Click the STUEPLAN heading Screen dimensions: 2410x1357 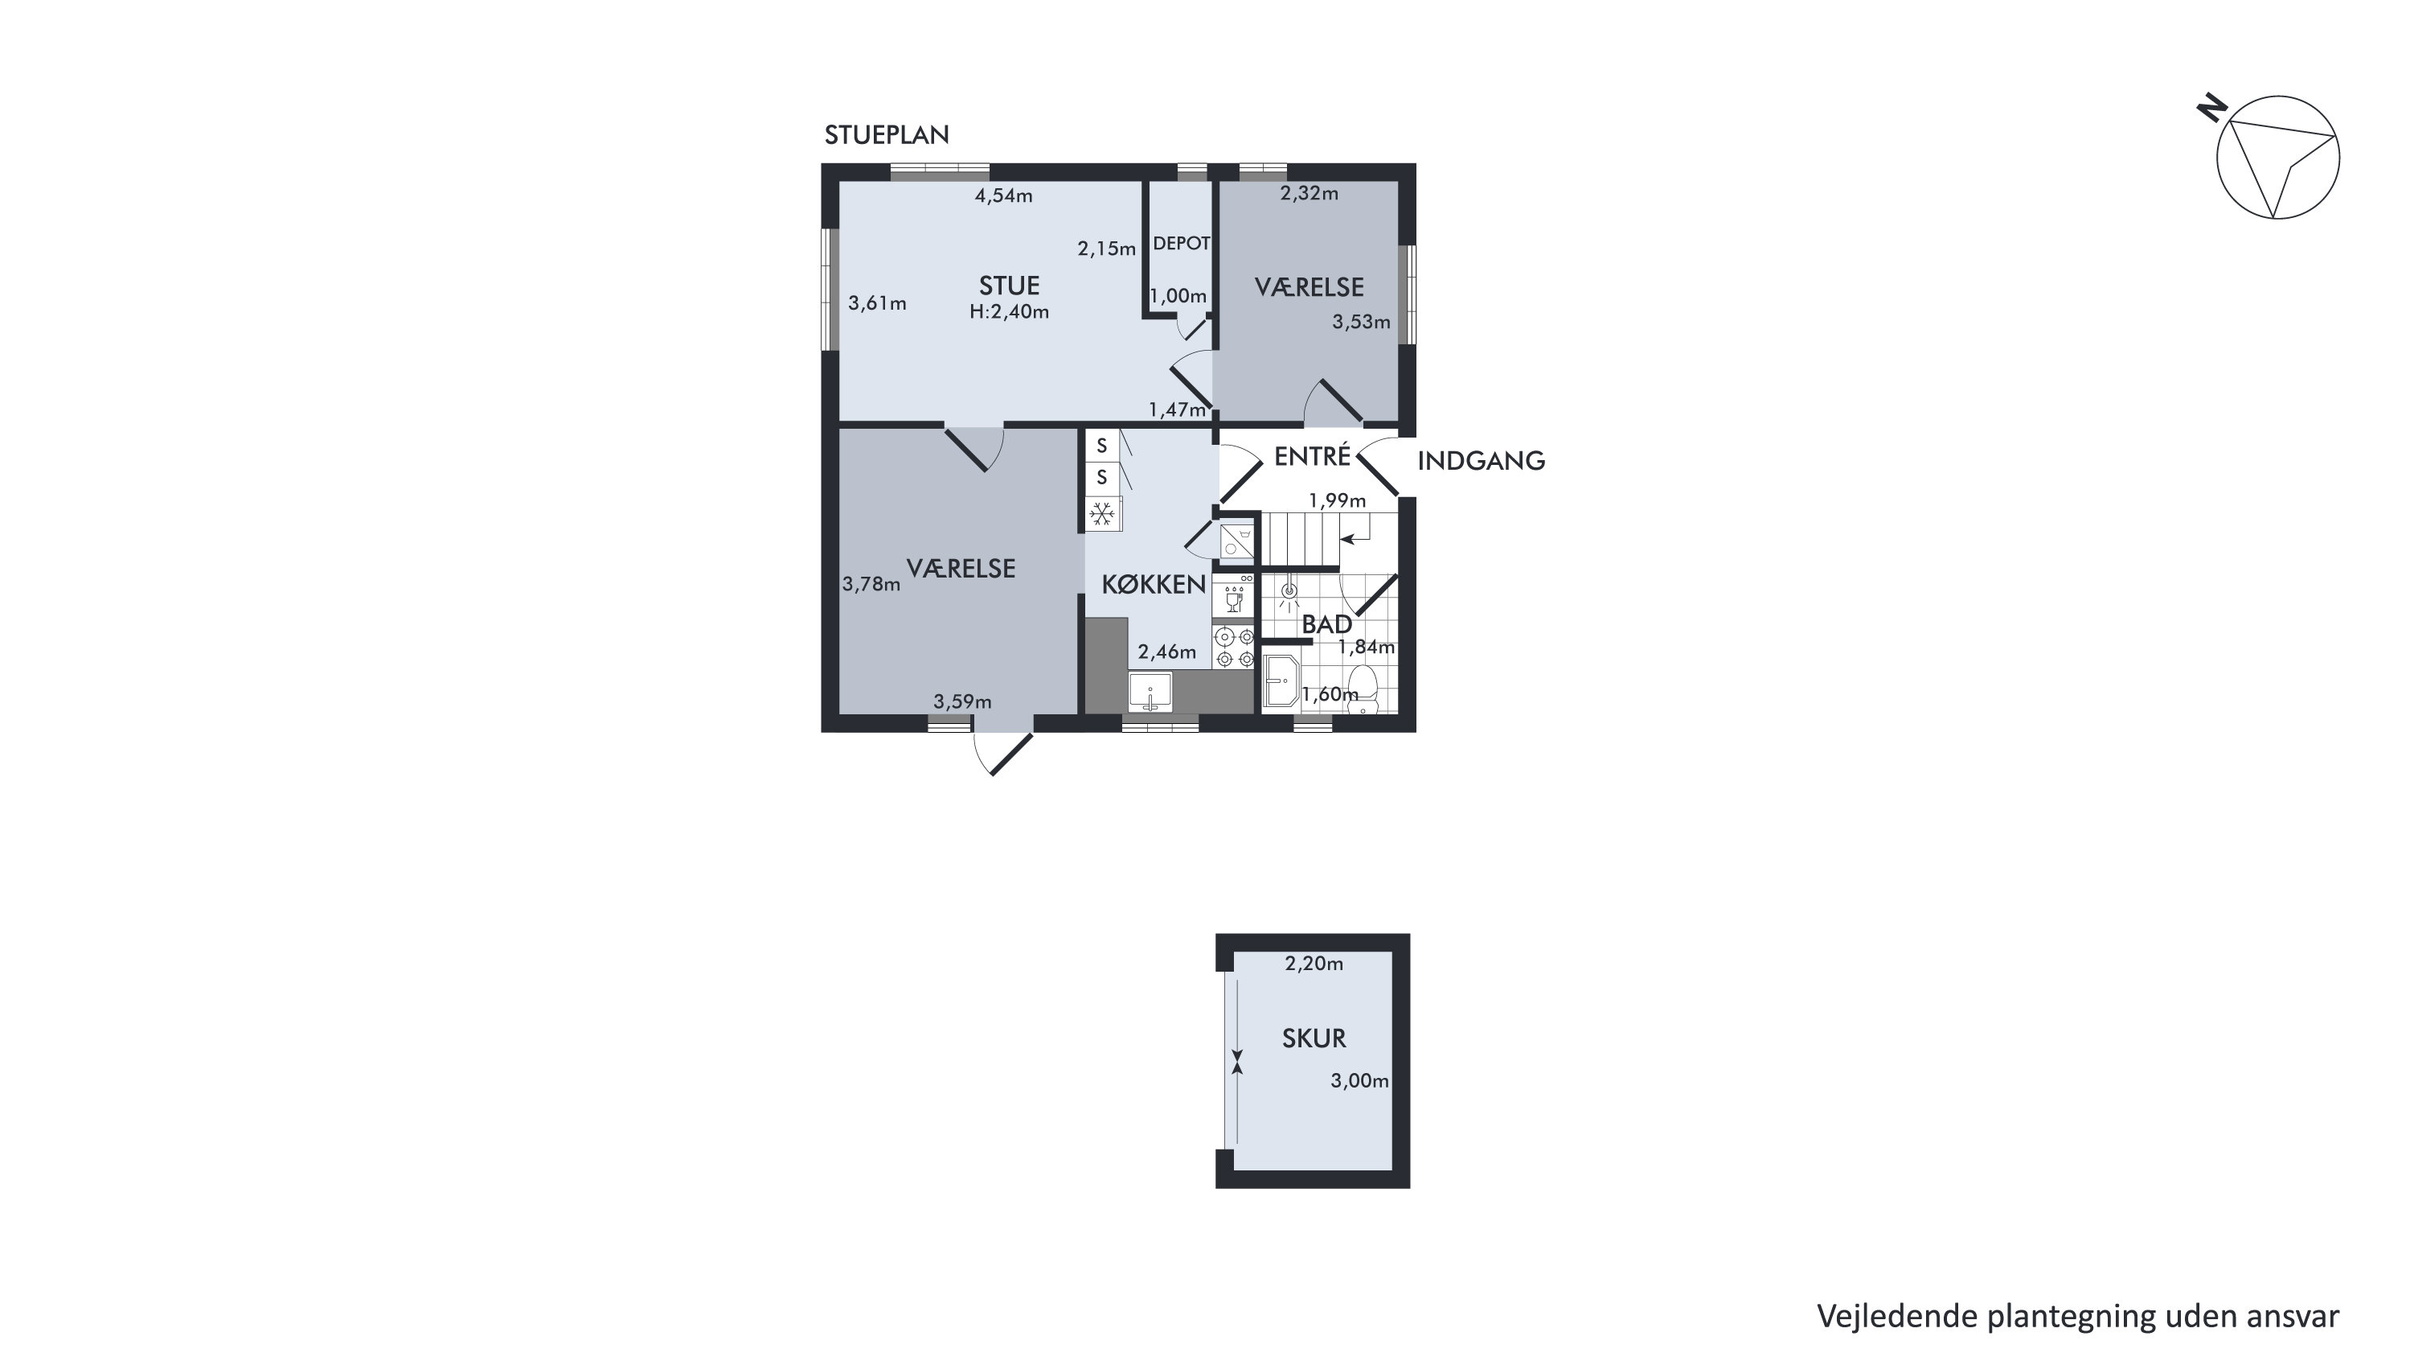tap(886, 136)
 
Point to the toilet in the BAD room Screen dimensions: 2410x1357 tap(1363, 688)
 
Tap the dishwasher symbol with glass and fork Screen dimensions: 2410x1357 tap(1234, 595)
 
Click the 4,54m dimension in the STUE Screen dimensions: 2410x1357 tap(1004, 195)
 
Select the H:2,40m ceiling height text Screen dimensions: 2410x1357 tap(1009, 311)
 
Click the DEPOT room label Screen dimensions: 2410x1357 tap(1181, 243)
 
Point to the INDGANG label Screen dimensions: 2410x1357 tap(1481, 460)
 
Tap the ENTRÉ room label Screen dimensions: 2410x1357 tap(1312, 456)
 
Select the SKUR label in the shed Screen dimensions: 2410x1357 tap(1314, 1038)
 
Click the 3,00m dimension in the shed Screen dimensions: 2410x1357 tap(1359, 1081)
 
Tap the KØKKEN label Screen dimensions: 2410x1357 tap(1154, 585)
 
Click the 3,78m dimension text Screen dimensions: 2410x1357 tap(871, 584)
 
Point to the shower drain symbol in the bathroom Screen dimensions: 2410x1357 tap(1290, 592)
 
